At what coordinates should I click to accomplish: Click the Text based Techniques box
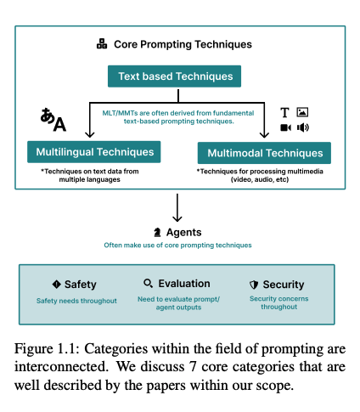[174, 76]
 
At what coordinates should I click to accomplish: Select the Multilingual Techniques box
[94, 152]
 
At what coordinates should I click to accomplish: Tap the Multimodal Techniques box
[264, 153]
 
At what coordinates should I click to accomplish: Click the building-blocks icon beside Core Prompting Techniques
[102, 44]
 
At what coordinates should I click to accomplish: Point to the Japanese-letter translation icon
[53, 120]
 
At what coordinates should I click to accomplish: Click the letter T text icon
[284, 112]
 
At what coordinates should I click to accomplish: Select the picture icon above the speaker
[302, 112]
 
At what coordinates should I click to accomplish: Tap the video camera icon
[286, 127]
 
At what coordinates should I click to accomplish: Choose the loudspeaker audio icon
[303, 127]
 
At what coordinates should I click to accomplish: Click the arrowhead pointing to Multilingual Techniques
[90, 134]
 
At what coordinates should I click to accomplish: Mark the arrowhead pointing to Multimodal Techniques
[264, 134]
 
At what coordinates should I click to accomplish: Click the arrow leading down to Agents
[177, 207]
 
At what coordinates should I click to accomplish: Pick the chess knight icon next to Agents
[157, 233]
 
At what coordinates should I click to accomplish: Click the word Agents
[184, 232]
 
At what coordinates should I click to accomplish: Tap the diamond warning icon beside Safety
[57, 284]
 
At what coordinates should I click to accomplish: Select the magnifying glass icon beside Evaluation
[149, 283]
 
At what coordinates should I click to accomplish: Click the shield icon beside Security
[254, 285]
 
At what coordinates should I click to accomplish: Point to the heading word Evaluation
[184, 284]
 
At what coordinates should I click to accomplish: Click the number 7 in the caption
[193, 367]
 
